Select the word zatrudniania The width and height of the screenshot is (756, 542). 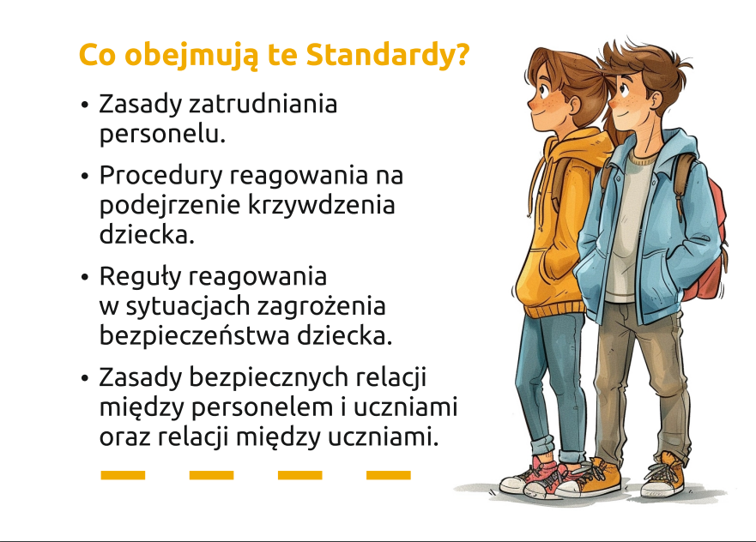click(x=263, y=104)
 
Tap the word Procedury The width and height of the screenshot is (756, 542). click(x=160, y=177)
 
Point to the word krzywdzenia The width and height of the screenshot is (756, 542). click(x=322, y=206)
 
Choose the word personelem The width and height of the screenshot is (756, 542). click(x=263, y=408)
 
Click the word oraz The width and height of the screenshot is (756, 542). click(x=125, y=438)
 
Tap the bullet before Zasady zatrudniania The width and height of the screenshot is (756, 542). click(x=85, y=105)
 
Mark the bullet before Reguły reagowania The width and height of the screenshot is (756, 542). click(x=85, y=278)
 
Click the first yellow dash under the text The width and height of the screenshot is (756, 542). click(x=123, y=475)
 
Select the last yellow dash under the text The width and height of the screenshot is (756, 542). click(x=389, y=475)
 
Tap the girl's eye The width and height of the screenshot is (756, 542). click(x=544, y=89)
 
